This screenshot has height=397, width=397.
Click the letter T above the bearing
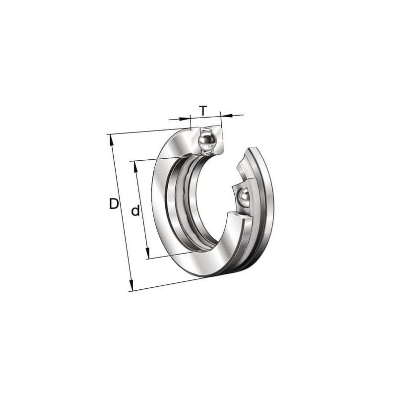pyautogui.click(x=203, y=110)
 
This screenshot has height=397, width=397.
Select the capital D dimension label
pyautogui.click(x=114, y=204)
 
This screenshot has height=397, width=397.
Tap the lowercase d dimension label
pyautogui.click(x=135, y=210)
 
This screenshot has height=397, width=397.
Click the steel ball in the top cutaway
pyautogui.click(x=207, y=141)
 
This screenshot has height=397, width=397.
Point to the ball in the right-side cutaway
pyautogui.click(x=243, y=197)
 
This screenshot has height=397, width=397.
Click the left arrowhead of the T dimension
pyautogui.click(x=185, y=118)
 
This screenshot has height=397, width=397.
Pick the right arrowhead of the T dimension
pyautogui.click(x=227, y=115)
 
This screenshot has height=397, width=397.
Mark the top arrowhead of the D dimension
pyautogui.click(x=111, y=140)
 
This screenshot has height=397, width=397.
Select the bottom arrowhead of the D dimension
pyautogui.click(x=131, y=285)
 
